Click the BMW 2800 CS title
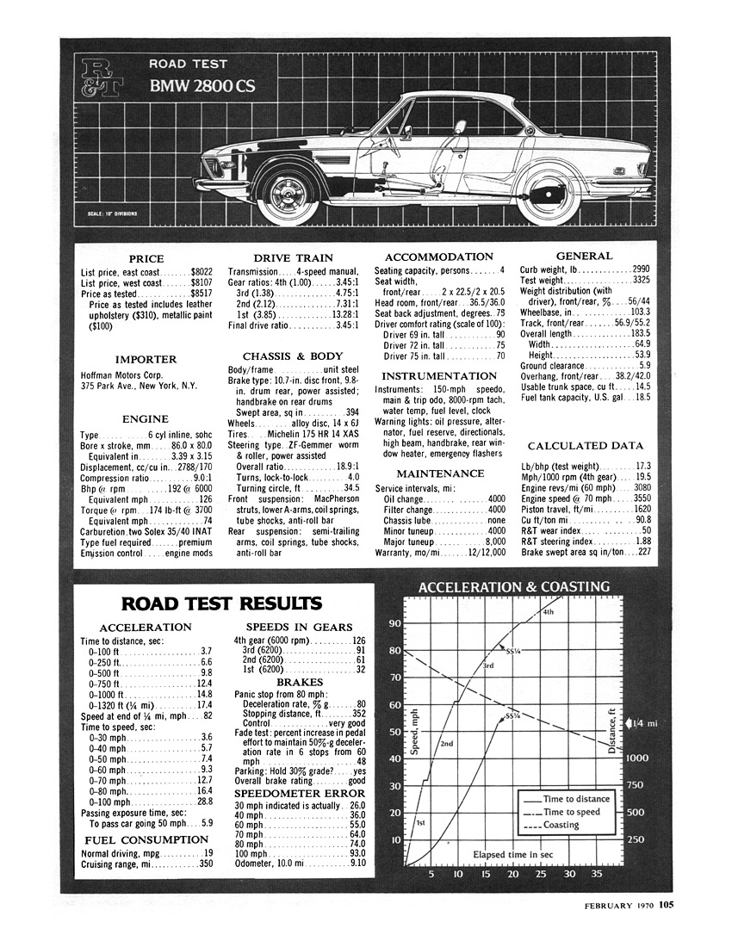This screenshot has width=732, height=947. click(x=202, y=86)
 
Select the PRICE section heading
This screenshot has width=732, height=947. click(x=146, y=258)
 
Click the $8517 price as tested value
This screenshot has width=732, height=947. click(x=201, y=294)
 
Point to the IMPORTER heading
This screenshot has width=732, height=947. click(x=146, y=359)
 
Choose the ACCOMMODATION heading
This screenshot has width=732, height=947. click(x=439, y=257)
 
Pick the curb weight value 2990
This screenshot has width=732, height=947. click(x=641, y=269)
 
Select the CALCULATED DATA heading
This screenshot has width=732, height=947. click(x=585, y=446)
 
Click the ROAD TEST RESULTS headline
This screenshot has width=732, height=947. click(x=221, y=603)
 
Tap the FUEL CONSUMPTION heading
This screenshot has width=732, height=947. click(x=146, y=839)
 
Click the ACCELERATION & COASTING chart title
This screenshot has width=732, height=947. click(x=513, y=587)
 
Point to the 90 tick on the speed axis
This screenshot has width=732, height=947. click(x=396, y=624)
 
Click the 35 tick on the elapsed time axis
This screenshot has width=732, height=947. click(x=596, y=875)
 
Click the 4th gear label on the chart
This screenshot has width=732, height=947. click(x=548, y=612)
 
